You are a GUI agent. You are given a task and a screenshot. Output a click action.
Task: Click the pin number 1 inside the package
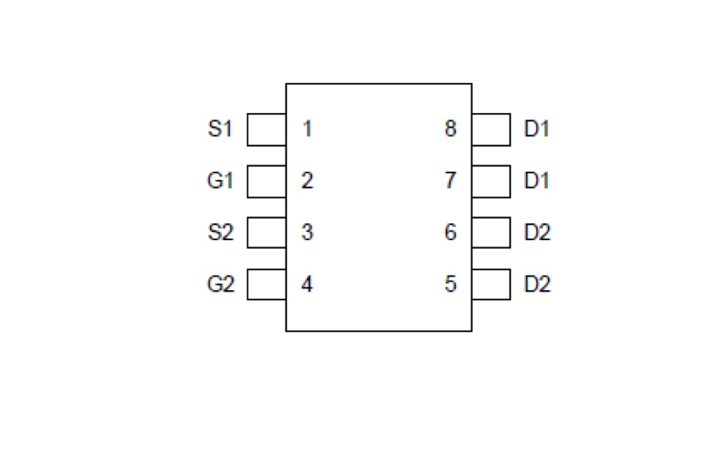308,129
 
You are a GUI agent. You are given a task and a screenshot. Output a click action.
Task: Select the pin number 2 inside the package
307,181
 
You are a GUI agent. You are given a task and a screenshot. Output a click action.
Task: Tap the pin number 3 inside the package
307,232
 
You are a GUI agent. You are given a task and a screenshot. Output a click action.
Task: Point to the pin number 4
307,283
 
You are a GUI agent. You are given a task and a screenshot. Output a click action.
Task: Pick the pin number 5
450,283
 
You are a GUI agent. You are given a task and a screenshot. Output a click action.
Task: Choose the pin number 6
450,232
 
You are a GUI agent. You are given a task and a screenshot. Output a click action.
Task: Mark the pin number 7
450,181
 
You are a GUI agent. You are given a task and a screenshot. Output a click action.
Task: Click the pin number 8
450,129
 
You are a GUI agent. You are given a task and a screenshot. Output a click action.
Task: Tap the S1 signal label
220,129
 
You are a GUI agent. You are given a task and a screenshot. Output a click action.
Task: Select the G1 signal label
220,181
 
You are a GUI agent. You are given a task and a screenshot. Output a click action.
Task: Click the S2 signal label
221,232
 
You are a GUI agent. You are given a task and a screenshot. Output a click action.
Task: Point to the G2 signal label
221,283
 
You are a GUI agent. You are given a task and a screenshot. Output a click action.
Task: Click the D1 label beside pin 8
537,129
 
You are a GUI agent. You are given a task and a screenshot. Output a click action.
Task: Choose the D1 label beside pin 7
537,181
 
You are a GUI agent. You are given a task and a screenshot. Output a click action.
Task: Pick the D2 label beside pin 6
538,232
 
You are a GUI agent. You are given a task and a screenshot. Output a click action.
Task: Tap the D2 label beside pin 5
538,283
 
